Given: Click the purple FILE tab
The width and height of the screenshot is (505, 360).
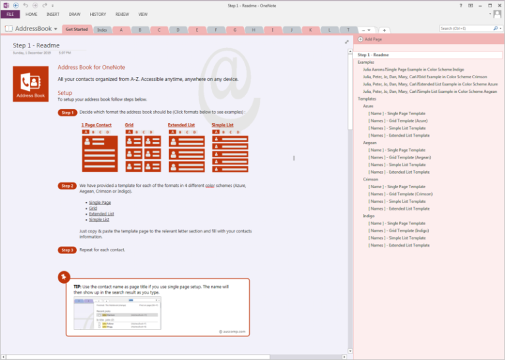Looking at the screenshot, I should (x=10, y=14).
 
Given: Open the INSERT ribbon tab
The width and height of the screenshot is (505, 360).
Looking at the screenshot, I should (x=53, y=14).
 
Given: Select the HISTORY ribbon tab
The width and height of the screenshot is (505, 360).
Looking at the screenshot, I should (x=97, y=14).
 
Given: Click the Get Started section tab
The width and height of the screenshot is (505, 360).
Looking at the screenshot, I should (x=77, y=30).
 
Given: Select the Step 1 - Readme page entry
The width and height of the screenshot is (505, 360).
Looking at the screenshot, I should (x=373, y=55).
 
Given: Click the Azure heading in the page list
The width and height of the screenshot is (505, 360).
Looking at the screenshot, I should (x=368, y=106).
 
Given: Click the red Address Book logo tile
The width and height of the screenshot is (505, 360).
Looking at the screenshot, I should (x=30, y=84).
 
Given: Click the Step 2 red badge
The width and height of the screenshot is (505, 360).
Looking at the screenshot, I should (x=68, y=186).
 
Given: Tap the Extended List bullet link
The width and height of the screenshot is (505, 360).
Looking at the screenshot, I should (x=101, y=214).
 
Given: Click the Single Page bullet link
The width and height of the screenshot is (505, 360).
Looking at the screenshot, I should (x=100, y=203).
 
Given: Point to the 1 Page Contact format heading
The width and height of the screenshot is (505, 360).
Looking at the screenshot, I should (x=97, y=125).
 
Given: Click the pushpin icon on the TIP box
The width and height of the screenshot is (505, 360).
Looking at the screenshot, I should (x=63, y=276).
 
